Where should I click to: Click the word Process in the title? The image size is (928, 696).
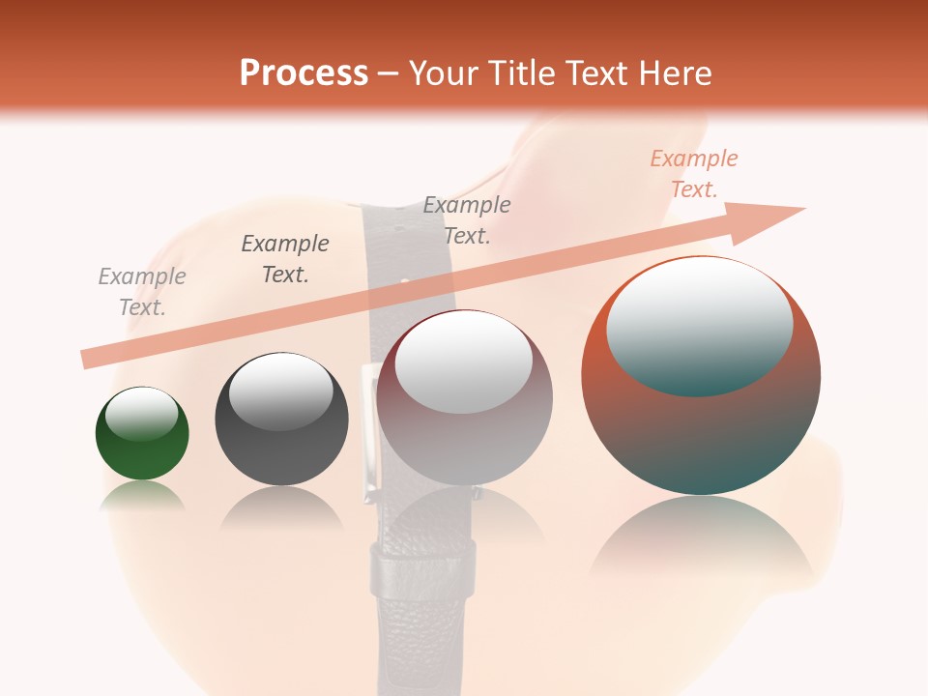pos(304,73)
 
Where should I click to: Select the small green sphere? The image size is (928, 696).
pos(142,434)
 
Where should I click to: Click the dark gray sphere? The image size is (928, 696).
pos(281,420)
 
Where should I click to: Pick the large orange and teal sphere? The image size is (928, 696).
pos(701,376)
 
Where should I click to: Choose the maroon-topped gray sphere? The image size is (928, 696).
pos(464,397)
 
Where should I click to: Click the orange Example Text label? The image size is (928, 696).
pos(694,174)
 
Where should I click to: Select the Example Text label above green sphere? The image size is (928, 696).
pos(142,292)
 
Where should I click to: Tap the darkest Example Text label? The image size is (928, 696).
pos(285,259)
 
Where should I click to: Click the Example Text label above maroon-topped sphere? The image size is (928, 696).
pos(467,220)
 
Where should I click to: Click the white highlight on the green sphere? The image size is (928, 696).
pos(141,414)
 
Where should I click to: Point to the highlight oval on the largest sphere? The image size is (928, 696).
pos(699,326)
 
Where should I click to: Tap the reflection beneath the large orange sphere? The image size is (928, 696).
pos(702,541)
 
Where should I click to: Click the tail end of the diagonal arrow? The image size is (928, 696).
pos(89,360)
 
